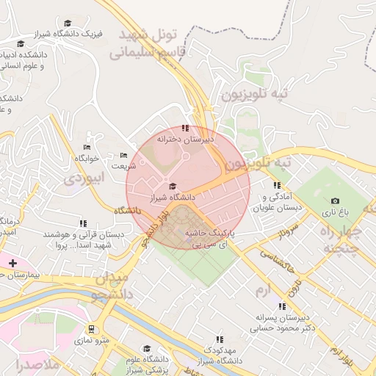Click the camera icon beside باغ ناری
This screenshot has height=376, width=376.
click(336, 201)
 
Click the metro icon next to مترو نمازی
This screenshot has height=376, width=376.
click(91, 329)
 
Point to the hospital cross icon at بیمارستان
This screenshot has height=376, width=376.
click(12, 262)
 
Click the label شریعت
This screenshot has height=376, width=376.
click(123, 166)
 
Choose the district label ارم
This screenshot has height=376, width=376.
click(262, 291)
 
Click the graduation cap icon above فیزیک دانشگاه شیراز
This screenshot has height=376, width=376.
click(68, 23)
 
